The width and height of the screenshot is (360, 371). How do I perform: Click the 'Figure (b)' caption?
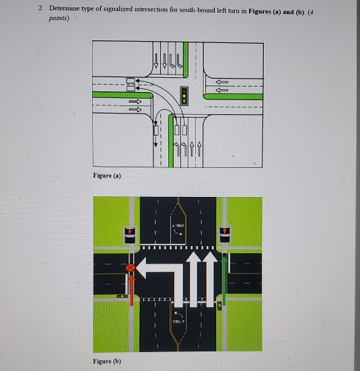(108, 360)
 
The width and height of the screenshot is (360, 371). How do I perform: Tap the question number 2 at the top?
(41, 7)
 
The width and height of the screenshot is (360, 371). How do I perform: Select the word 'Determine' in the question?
(65, 7)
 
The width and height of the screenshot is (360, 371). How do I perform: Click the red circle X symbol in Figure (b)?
(131, 267)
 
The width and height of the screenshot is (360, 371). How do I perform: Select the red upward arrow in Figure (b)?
(131, 289)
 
